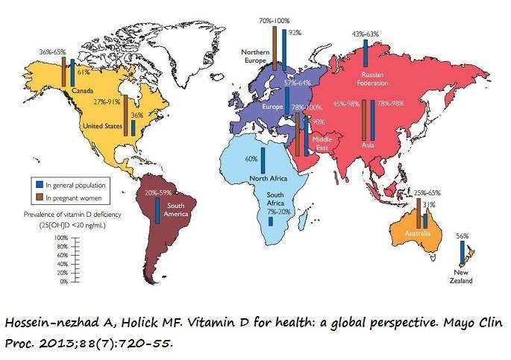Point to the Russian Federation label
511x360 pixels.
pos(372,79)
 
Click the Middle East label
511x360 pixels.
pos(322,143)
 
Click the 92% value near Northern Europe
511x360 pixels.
pos(295,33)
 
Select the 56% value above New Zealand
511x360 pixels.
pos(463,236)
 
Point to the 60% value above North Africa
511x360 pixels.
pos(251,159)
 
